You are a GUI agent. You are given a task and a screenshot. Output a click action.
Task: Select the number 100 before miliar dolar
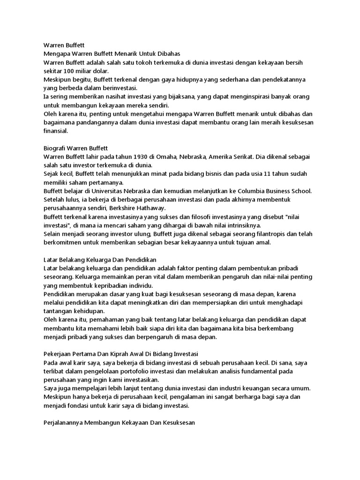click(69, 71)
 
